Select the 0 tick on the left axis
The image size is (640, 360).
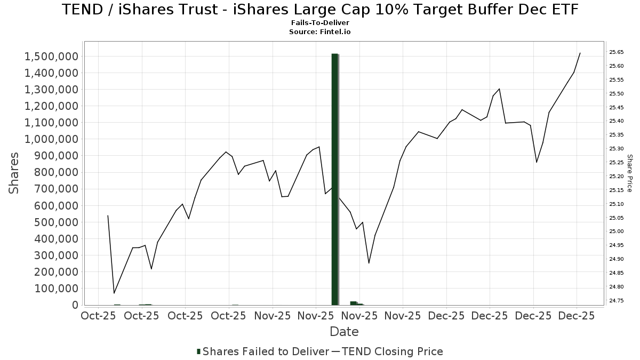[74, 305]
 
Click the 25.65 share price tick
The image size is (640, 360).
[617, 52]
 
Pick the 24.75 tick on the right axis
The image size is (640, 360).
[617, 301]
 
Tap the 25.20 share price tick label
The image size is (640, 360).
[617, 177]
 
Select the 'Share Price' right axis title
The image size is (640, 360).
[629, 173]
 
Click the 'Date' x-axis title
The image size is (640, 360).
[344, 332]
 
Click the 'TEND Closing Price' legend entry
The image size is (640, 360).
[392, 351]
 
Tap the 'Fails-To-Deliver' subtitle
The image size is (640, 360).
[320, 23]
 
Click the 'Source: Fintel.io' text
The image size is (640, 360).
[320, 32]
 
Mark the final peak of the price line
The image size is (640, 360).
[580, 53]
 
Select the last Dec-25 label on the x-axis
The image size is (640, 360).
[577, 316]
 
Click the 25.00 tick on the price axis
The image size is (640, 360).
[617, 231]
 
